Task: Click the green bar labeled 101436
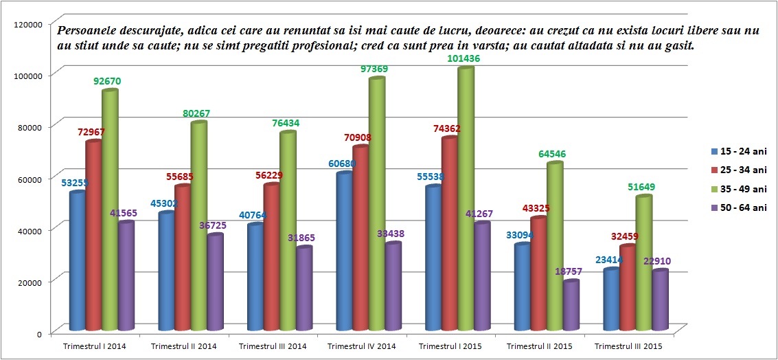pos(466,199)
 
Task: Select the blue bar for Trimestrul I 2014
pos(77,261)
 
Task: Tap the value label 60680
pos(343,164)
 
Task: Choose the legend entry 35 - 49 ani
pos(744,188)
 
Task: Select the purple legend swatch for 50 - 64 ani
pos(715,207)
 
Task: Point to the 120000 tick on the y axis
pos(29,24)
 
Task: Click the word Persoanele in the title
pos(86,31)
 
